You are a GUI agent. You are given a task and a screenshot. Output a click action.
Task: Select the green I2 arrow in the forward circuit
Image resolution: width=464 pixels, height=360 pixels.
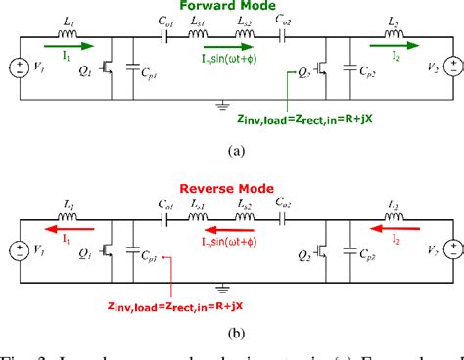pos(391,44)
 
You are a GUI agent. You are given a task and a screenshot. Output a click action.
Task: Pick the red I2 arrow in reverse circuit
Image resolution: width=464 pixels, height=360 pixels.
pos(392,226)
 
